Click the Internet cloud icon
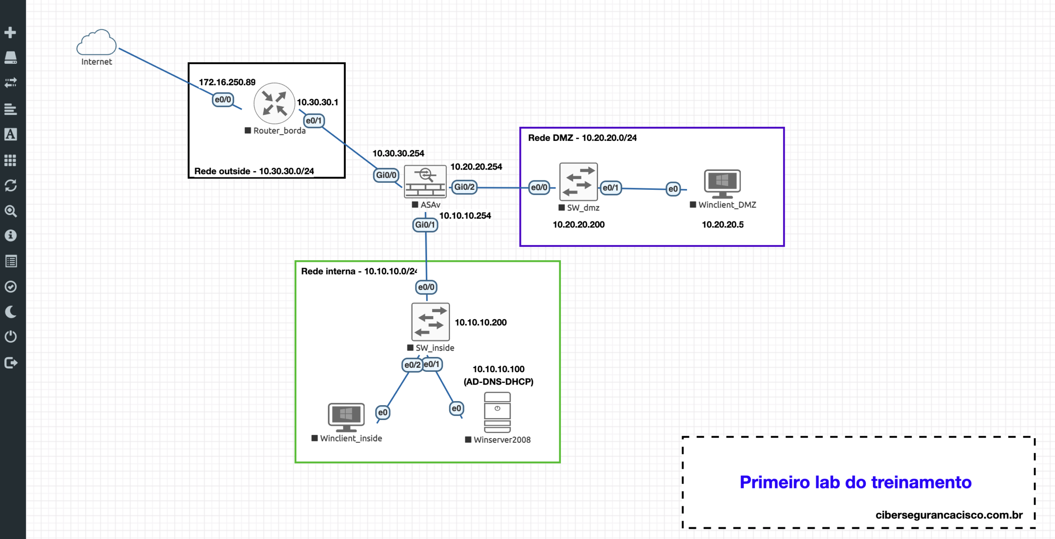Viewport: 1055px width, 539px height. pos(96,42)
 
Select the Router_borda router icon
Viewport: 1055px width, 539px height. pos(274,103)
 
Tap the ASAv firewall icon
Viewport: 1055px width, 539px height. pos(425,182)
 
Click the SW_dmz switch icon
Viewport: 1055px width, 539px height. pos(578,182)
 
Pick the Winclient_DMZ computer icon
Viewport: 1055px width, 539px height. pos(722,184)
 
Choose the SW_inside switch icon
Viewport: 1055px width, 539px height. pos(430,322)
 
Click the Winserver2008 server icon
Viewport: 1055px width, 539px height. pos(497,412)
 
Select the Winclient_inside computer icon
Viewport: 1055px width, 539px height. pos(346,416)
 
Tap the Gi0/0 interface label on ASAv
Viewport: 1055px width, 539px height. pos(386,175)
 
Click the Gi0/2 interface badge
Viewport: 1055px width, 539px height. pos(464,187)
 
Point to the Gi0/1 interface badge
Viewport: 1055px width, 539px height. pos(425,225)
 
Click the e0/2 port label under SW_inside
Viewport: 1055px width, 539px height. pos(412,365)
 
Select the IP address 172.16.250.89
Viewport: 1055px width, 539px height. pos(227,82)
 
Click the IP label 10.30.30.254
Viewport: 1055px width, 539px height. pos(398,154)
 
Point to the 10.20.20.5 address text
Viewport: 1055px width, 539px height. pos(722,225)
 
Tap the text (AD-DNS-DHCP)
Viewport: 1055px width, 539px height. pos(498,382)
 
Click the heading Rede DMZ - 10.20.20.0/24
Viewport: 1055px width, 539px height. pos(582,138)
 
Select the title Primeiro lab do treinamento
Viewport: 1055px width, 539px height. pos(855,482)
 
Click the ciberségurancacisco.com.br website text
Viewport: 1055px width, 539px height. pos(949,515)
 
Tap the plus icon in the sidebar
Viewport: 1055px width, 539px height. pos(10,32)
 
